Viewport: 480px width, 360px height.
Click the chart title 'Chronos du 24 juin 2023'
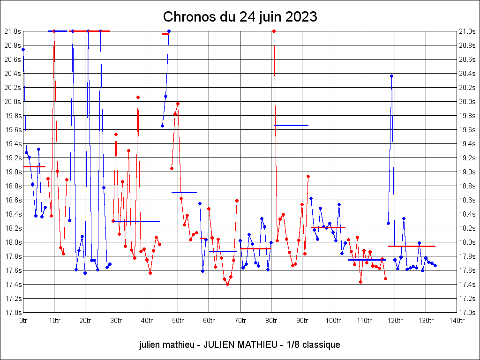point(240,17)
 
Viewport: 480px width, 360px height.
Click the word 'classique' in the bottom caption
point(321,345)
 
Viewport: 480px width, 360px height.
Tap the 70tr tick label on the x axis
point(240,321)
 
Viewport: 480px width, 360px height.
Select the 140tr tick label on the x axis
point(457,321)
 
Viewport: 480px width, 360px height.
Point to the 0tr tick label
point(23,321)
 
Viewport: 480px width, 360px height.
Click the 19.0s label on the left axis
point(13,172)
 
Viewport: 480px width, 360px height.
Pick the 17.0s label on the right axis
point(467,312)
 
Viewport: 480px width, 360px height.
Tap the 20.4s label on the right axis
point(467,73)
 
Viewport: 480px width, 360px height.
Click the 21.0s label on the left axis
point(13,31)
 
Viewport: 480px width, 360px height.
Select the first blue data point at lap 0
point(23,49)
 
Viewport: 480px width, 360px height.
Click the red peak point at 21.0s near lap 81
point(274,31)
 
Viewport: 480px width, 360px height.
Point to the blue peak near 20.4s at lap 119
point(391,76)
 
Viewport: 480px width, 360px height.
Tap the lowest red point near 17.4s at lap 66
point(227,284)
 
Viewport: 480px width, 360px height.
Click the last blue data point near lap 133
point(435,265)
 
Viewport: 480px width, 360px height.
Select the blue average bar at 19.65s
point(291,125)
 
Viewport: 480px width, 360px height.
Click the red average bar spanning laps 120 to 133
point(412,246)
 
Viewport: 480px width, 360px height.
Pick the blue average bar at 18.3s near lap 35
point(136,221)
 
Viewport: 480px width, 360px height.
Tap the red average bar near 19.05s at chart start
point(34,166)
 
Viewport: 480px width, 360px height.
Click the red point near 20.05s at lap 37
point(138,97)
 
